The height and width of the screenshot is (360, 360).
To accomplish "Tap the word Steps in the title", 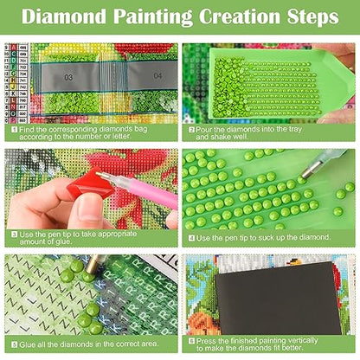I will point(306,16).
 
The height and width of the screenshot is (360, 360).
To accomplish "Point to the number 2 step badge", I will point(192,129).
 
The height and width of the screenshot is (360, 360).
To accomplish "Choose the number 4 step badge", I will point(192,233).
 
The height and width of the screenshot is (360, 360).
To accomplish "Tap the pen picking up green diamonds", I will point(329,165).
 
